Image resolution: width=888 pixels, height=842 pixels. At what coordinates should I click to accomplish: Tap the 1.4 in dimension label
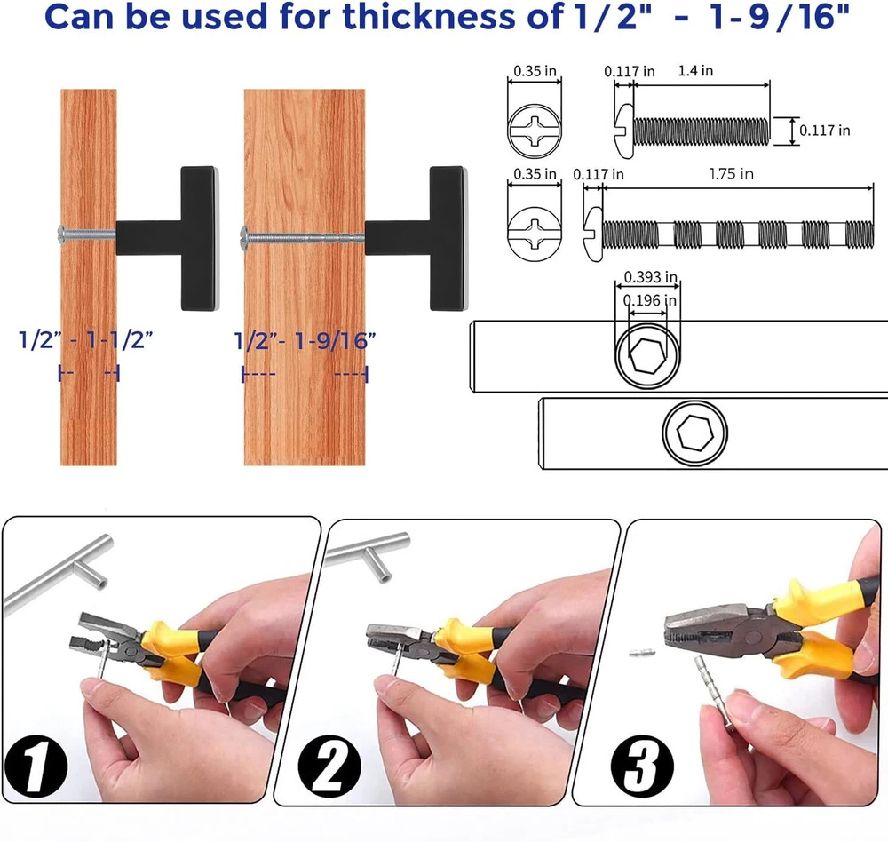click(x=695, y=71)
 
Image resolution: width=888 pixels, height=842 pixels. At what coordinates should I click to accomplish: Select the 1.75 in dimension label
click(x=731, y=173)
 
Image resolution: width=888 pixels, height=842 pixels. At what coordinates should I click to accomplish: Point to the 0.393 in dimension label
click(x=650, y=277)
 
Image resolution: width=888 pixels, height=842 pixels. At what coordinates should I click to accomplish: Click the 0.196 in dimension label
click(x=650, y=300)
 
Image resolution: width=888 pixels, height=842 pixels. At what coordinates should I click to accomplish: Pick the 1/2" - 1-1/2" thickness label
click(x=85, y=340)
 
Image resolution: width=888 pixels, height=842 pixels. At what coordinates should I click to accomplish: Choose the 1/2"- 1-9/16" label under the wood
click(x=305, y=340)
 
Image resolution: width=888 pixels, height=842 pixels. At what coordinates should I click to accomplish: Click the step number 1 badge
click(x=36, y=767)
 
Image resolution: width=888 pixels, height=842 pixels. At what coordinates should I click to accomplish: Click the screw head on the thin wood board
click(x=62, y=234)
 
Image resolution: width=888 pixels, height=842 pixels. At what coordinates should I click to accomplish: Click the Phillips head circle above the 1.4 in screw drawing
click(x=535, y=131)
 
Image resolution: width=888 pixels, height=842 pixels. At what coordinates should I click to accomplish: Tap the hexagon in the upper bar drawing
click(x=648, y=356)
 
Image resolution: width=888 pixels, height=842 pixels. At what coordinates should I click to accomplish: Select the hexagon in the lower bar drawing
click(x=695, y=433)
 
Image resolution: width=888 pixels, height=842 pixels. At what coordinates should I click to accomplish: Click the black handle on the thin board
click(x=168, y=238)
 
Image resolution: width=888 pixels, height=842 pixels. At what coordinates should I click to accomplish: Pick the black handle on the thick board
click(x=416, y=238)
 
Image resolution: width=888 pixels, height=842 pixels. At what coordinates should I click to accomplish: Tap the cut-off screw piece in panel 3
click(x=642, y=653)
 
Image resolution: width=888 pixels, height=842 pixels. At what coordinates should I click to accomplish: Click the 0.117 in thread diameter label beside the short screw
click(x=825, y=131)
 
